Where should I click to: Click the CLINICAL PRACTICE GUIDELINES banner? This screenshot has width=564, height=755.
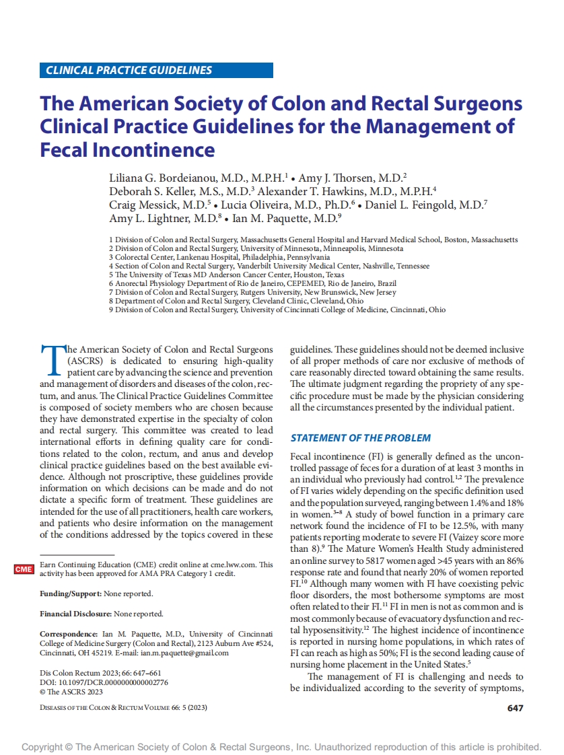[156, 70]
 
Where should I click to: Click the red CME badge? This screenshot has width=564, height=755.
[24, 569]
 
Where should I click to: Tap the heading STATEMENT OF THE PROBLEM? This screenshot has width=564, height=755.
[360, 438]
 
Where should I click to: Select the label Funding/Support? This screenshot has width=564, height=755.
[71, 594]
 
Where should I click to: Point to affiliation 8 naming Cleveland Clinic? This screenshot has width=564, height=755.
[236, 301]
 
